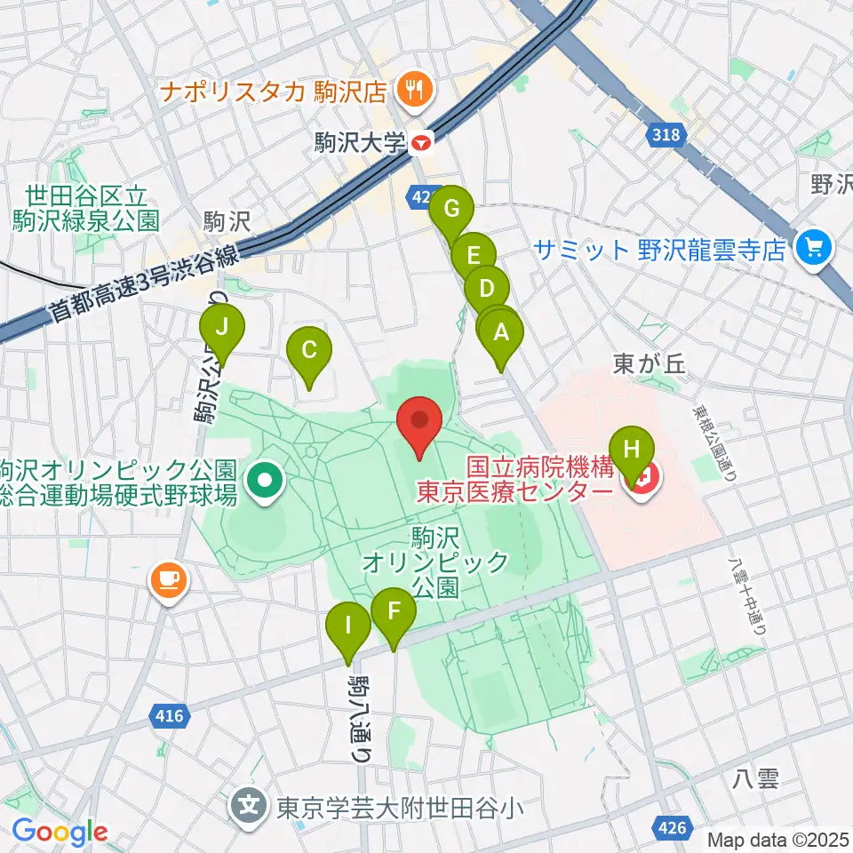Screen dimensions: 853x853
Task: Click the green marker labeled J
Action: coord(223,329)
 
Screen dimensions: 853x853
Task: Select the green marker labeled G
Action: coord(451,211)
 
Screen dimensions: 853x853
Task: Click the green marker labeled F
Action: coord(393,612)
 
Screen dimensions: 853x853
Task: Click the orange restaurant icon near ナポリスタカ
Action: coord(413,88)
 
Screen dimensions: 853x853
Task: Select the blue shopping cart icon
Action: coord(813,248)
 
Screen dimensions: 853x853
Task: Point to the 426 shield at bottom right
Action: coord(673,828)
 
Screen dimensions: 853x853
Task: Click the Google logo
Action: coord(60,832)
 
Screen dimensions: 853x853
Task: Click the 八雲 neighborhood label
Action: coord(756,779)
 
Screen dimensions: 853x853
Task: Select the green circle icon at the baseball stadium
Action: coord(264,482)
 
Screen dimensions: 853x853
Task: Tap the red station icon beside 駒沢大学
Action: coord(421,140)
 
